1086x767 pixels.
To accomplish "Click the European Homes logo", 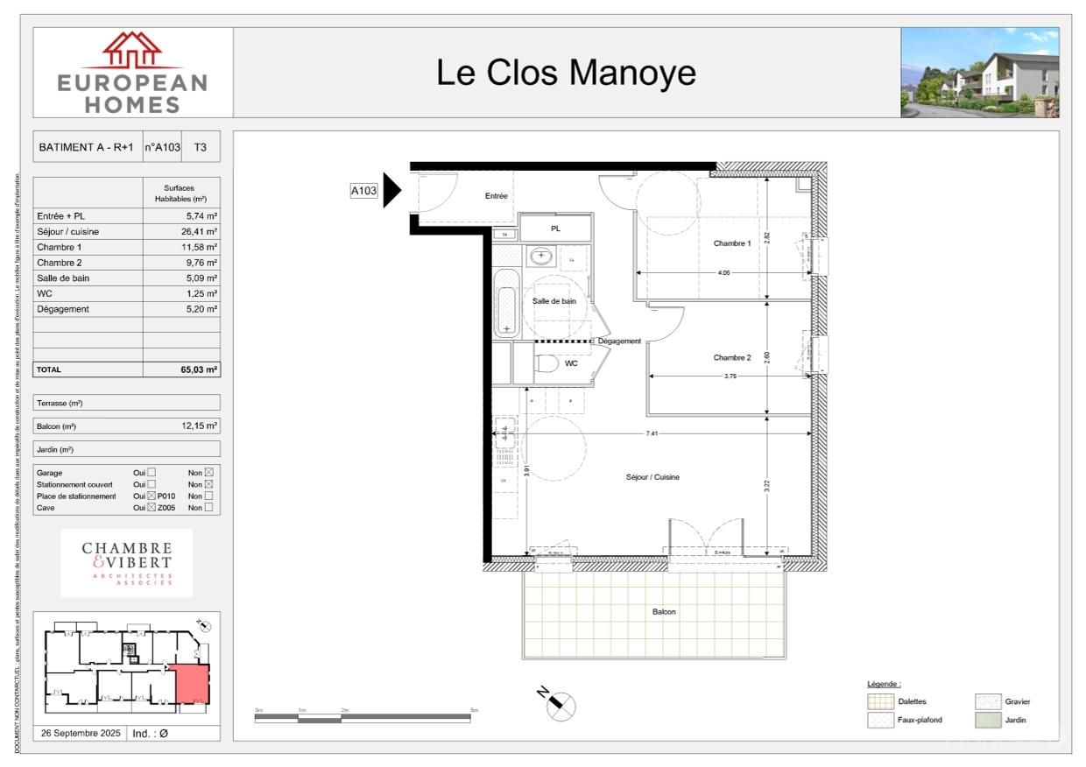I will [133, 73].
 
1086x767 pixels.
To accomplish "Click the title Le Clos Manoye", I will [566, 73].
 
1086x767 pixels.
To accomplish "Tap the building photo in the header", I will [979, 73].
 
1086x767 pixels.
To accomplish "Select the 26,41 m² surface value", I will [201, 232].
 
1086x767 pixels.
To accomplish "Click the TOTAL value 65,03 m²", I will [199, 370].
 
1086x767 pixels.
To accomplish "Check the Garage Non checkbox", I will [208, 473].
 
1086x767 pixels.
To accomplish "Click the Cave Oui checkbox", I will [152, 508].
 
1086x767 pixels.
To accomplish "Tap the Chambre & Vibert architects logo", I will [127, 563].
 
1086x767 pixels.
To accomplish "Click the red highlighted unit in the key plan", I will [193, 685].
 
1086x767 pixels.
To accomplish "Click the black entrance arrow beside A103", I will [391, 190].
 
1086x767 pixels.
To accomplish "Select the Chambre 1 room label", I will [731, 243].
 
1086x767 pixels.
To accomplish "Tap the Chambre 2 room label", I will [731, 357].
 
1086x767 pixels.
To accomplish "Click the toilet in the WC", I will [547, 363].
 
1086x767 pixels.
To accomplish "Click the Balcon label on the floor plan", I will [663, 612].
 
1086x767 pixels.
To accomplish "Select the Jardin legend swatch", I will [987, 720].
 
